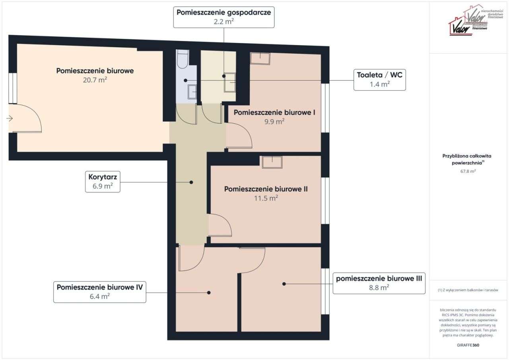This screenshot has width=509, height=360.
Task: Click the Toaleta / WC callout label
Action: point(379,80)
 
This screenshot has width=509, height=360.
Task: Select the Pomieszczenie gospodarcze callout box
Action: point(224,17)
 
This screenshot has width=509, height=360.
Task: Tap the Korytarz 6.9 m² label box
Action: point(103,182)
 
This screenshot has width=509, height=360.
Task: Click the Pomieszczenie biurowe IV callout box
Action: point(99,292)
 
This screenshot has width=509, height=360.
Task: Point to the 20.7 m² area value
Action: point(95,80)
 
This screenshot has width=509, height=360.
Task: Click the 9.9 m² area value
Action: point(274,122)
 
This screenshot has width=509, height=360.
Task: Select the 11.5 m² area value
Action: point(265,198)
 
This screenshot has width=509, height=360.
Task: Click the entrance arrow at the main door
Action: point(10,118)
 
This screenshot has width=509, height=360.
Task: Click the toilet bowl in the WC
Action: point(183,59)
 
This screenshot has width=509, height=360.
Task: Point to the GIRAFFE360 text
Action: point(468,345)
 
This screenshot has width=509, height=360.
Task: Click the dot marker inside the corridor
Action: point(191,182)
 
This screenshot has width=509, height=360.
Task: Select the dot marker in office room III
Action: point(284,284)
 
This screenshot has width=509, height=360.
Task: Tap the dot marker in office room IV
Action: point(209,292)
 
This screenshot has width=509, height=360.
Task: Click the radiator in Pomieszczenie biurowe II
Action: point(272,162)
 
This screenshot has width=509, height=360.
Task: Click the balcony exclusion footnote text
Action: point(468,290)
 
